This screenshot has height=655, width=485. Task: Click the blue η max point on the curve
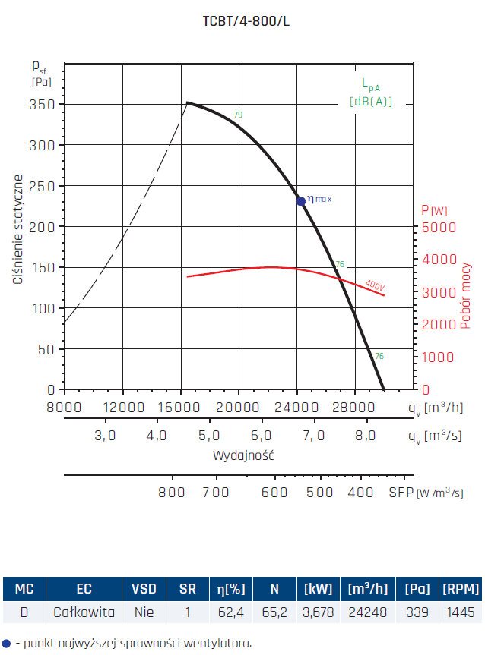[301, 201]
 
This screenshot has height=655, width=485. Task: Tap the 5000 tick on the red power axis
[438, 227]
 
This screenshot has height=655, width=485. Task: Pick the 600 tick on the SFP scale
[274, 492]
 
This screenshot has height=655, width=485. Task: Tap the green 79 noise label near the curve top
[238, 115]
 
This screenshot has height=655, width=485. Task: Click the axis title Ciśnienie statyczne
[17, 230]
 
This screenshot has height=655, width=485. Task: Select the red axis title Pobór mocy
[465, 296]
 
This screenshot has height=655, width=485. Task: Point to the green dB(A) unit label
[371, 102]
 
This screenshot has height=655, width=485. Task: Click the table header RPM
[459, 589]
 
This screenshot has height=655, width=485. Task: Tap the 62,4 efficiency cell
[229, 612]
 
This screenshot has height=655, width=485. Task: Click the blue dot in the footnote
[7, 643]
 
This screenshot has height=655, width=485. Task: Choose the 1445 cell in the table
[459, 612]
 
